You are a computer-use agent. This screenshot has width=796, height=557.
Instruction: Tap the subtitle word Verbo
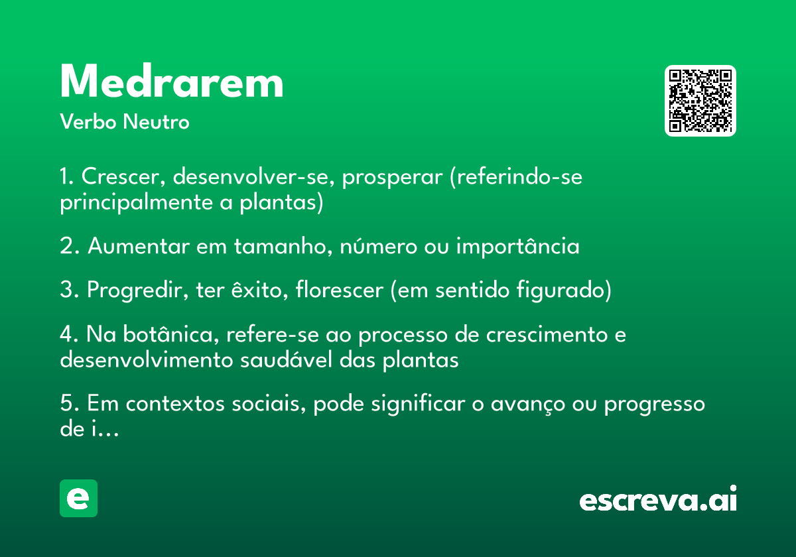(88, 121)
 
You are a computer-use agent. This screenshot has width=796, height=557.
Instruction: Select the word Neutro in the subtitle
(156, 121)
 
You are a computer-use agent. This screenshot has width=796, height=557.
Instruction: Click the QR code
(700, 101)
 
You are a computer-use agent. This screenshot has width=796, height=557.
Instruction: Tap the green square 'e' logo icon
(78, 498)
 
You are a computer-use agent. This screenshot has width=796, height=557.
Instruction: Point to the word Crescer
(123, 176)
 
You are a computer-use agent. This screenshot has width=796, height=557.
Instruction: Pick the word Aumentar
(139, 246)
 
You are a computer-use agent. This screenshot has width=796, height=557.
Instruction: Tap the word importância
(518, 246)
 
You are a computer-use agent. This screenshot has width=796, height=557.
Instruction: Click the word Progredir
(138, 290)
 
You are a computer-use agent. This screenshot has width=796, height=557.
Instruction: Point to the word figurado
(564, 290)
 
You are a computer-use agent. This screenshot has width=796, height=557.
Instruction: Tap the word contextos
(175, 404)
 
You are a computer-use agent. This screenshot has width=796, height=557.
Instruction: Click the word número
(379, 246)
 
